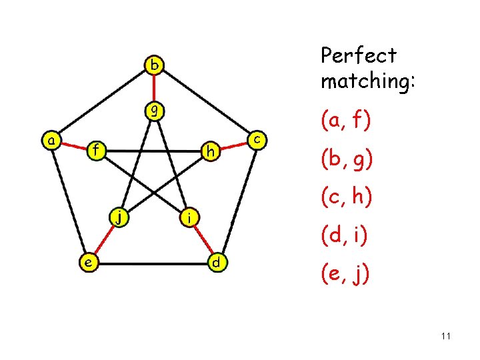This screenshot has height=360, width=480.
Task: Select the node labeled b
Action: (x=155, y=65)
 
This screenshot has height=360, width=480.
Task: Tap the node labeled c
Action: (x=257, y=139)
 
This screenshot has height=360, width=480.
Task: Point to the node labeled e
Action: (x=87, y=263)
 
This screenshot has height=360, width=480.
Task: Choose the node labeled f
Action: (x=97, y=150)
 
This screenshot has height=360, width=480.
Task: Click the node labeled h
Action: (x=211, y=153)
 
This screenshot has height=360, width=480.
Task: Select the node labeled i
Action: (x=190, y=217)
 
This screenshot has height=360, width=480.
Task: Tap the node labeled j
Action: (x=119, y=216)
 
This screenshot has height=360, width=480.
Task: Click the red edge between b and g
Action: (x=155, y=87)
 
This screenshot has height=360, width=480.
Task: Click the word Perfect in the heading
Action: (x=358, y=56)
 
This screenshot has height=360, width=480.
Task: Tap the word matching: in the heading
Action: (x=368, y=81)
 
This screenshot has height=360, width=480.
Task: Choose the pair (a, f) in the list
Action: (x=346, y=121)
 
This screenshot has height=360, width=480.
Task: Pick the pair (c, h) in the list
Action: (x=346, y=197)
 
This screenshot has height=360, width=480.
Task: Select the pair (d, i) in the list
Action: (x=345, y=235)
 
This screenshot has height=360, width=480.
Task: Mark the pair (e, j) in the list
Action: (x=345, y=274)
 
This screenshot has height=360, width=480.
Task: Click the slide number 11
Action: (x=445, y=337)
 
